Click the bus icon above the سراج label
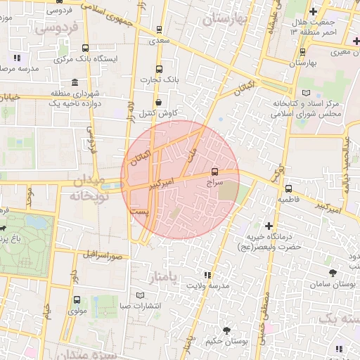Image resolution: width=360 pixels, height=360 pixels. click(214, 171)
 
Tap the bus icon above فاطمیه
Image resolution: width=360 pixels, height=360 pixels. click(288, 188)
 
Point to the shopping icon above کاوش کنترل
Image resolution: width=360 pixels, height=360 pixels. click(158, 101)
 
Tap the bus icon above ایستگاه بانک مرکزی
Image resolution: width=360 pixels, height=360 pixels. click(86, 49)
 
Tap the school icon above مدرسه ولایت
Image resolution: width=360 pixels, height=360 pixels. click(207, 275)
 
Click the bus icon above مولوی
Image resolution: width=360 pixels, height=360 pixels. click(77, 299)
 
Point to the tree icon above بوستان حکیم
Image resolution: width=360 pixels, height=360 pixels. click(226, 330)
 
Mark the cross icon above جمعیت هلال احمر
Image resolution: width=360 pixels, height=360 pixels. click(314, 12)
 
